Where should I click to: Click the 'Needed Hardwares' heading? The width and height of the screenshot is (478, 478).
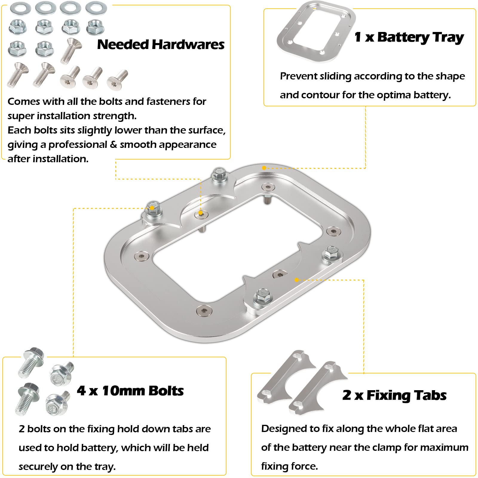pyautogui.click(x=161, y=45)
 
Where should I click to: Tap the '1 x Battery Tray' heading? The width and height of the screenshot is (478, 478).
pyautogui.click(x=409, y=37)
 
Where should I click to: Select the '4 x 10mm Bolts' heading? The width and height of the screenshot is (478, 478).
pyautogui.click(x=130, y=391)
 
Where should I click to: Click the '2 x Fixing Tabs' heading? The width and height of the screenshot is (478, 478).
pyautogui.click(x=394, y=395)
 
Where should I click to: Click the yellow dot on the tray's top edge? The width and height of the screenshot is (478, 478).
pyautogui.click(x=264, y=168)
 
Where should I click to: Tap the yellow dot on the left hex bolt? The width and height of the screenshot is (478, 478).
pyautogui.click(x=152, y=208)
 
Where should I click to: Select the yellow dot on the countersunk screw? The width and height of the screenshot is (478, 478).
pyautogui.click(x=201, y=213)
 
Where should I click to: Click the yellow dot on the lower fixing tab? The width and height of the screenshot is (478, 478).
pyautogui.click(x=296, y=280)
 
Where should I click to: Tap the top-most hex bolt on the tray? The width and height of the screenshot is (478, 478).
pyautogui.click(x=219, y=175)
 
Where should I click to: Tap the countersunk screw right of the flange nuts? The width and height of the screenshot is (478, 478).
pyautogui.click(x=71, y=50)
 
